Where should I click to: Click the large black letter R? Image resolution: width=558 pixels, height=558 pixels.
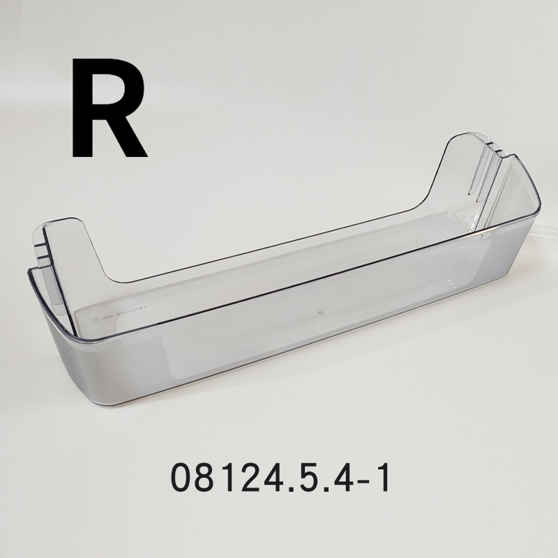pos(108,110)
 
